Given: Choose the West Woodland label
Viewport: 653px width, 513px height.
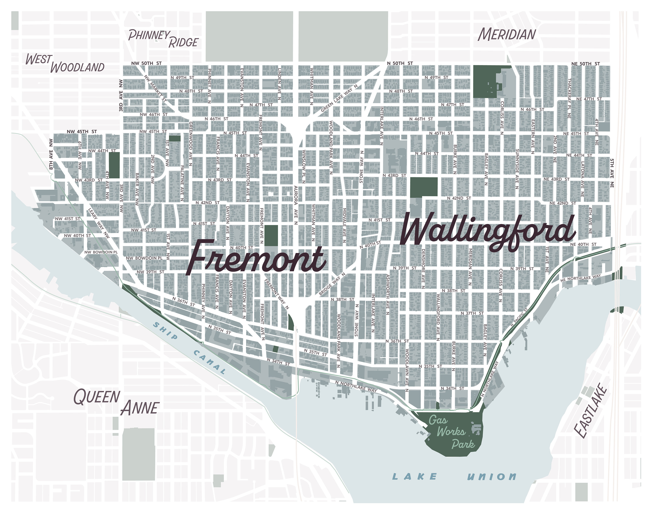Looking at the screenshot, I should click(65, 64).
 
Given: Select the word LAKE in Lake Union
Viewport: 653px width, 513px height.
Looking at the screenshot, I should click(415, 476).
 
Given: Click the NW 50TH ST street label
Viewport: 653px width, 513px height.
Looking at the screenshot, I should click(146, 63).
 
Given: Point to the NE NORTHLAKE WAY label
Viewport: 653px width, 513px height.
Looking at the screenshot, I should click(580, 278).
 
